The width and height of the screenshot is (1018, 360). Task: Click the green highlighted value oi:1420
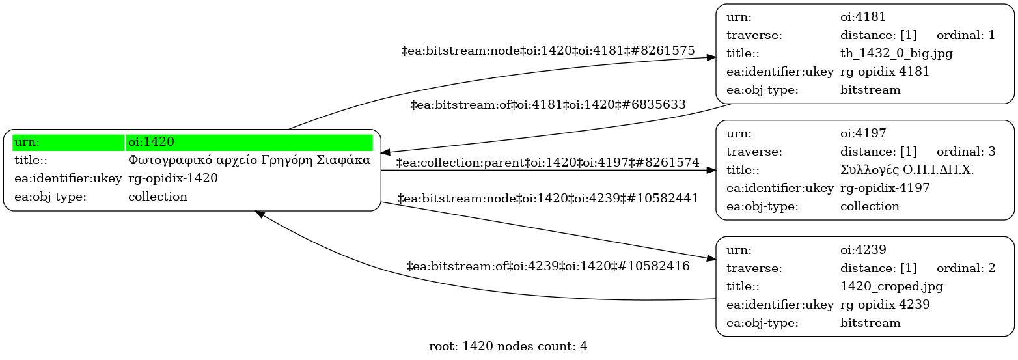pyautogui.click(x=151, y=142)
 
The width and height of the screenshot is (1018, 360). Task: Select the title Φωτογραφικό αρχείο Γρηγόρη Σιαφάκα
pyautogui.click(x=249, y=160)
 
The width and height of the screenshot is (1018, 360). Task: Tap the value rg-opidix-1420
pyautogui.click(x=172, y=178)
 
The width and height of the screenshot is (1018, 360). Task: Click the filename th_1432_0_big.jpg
pyautogui.click(x=896, y=53)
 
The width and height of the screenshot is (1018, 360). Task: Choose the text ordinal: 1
pyautogui.click(x=966, y=35)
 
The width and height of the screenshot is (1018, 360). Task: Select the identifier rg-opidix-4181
pyautogui.click(x=885, y=72)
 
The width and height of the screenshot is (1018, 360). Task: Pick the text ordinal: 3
pyautogui.click(x=966, y=152)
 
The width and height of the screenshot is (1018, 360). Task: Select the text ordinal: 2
pyautogui.click(x=966, y=268)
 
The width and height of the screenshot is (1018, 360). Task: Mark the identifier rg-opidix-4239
pyautogui.click(x=885, y=305)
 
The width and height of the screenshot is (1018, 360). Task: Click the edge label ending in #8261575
pyautogui.click(x=548, y=50)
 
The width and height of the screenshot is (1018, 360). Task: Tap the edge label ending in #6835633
pyautogui.click(x=548, y=105)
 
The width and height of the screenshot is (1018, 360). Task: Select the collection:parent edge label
pyautogui.click(x=547, y=163)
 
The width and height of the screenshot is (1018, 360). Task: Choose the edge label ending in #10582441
pyautogui.click(x=547, y=199)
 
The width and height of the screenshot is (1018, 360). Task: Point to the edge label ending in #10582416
pyautogui.click(x=548, y=266)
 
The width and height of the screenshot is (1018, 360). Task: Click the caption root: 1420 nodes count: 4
pyautogui.click(x=508, y=346)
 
